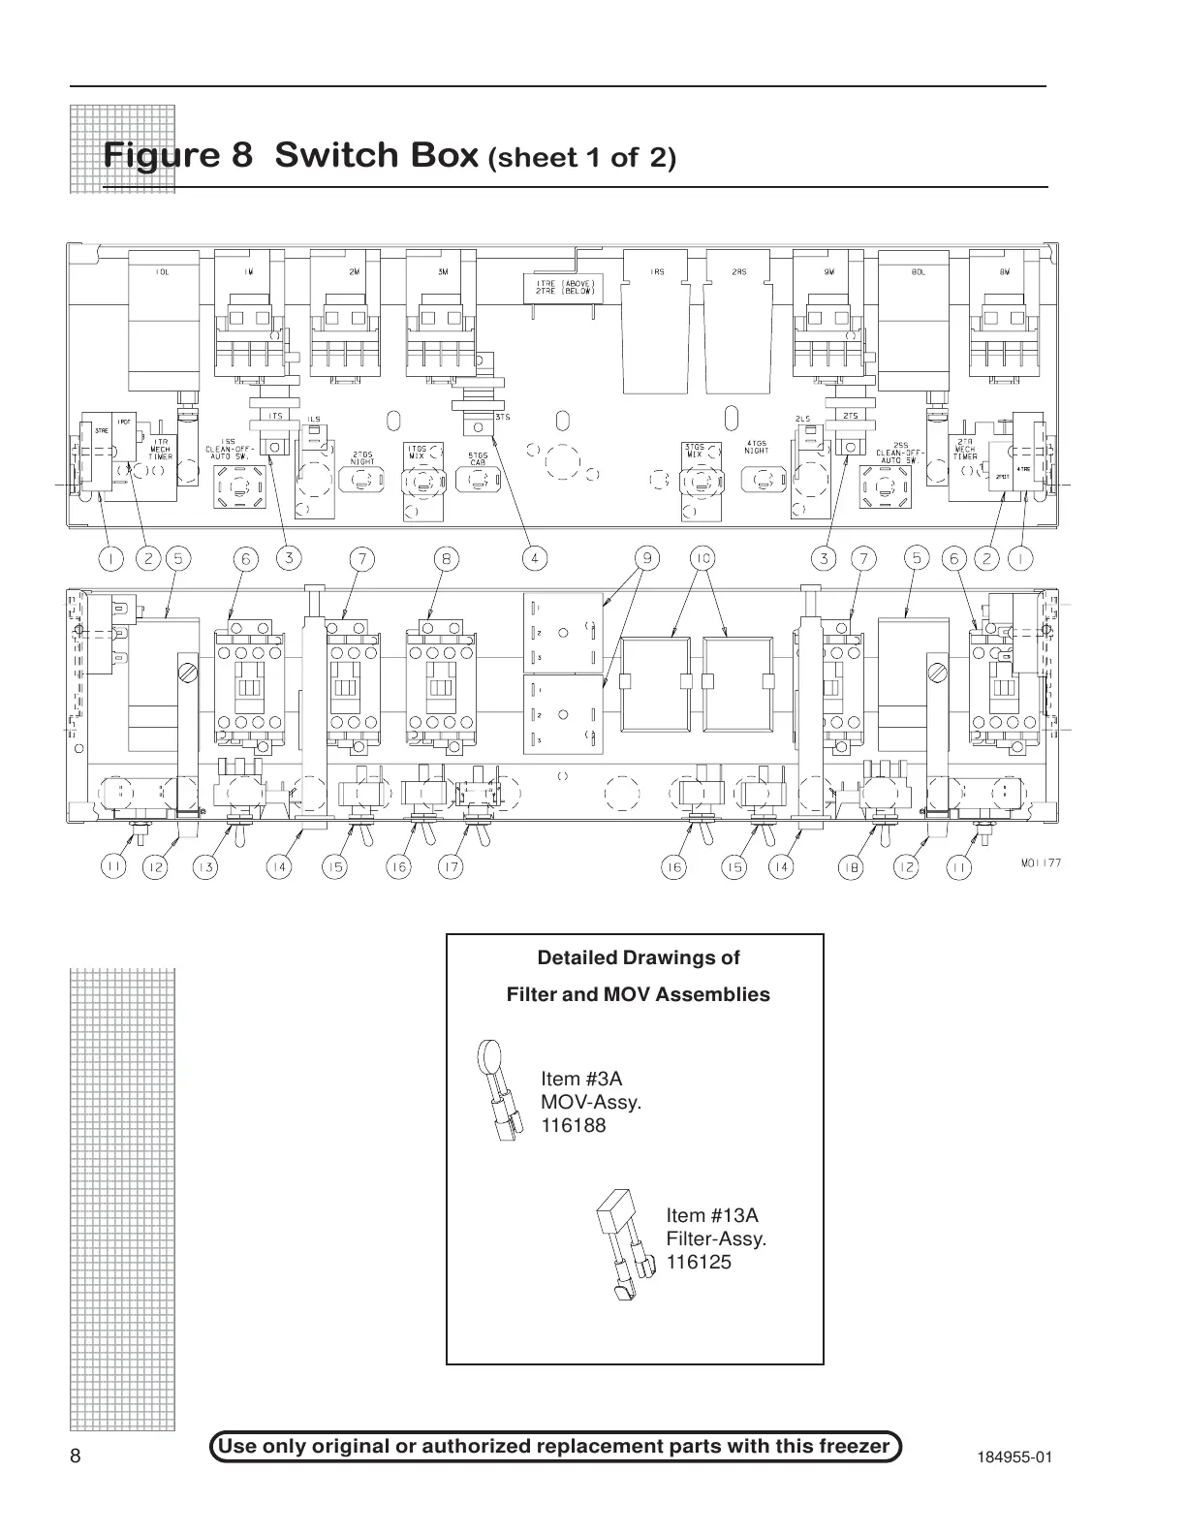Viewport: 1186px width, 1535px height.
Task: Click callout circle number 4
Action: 534,558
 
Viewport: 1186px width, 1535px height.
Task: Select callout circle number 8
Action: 446,558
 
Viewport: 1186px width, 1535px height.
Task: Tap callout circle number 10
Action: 702,558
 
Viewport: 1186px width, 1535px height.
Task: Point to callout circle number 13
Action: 205,867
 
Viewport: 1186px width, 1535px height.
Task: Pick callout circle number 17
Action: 451,867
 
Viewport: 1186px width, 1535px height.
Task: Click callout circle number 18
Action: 850,867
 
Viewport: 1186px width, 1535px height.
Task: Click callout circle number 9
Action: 646,558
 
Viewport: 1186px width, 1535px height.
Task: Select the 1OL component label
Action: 162,273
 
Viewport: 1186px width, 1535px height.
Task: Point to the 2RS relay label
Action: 739,273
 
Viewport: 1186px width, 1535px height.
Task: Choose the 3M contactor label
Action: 442,273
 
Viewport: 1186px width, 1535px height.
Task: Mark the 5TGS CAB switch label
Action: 477,458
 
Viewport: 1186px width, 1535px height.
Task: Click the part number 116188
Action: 574,1126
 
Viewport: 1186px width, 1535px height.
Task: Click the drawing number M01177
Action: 1041,862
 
